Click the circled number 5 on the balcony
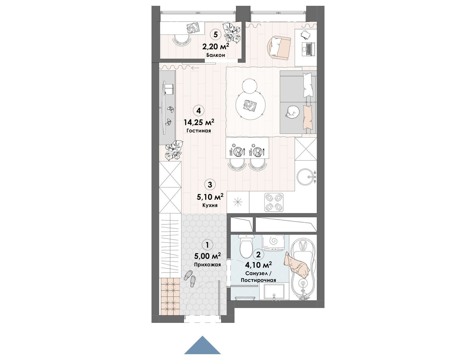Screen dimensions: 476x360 tap(215, 35)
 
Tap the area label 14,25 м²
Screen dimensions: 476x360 tap(199, 123)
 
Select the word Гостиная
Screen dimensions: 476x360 tap(199, 131)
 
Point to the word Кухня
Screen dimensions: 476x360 tap(210, 205)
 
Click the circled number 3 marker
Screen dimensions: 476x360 tap(210, 185)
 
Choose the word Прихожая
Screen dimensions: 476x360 tap(207, 264)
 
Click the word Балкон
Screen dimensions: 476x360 tap(216, 55)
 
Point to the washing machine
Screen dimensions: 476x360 tap(273, 243)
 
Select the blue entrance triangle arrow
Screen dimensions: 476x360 tap(202, 345)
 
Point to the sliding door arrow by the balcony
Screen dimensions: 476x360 tap(195, 68)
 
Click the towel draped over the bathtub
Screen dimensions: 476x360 tap(297, 265)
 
